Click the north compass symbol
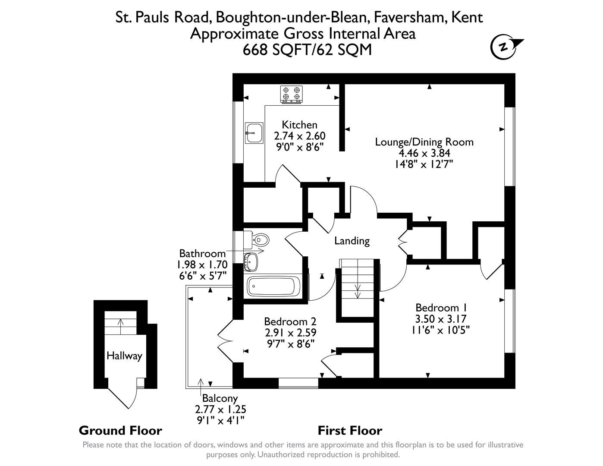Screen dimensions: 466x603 pos(504,47)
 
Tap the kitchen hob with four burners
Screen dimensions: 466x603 pos(291,94)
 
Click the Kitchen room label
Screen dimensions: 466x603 pos(299,125)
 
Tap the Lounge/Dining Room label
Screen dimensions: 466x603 pos(424,142)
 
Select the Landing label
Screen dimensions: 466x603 pos(352,241)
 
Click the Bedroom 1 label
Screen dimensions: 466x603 pos(441,308)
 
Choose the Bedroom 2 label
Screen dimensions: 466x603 pos(290,321)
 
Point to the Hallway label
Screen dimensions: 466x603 pos(124,356)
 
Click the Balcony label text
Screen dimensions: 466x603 pos(220,399)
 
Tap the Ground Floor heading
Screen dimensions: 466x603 pos(120,431)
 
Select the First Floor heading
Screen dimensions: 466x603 pos(350,431)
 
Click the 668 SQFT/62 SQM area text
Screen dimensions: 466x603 pos(307,50)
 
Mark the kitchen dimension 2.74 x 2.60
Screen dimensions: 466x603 pos(299,136)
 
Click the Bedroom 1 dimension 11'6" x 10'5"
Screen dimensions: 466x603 pos(441,330)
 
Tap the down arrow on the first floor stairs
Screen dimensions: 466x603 pos(358,291)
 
